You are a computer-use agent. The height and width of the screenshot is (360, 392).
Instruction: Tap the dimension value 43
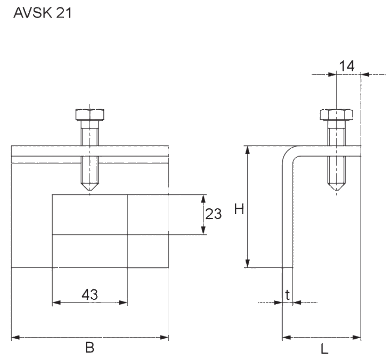coord(89,294)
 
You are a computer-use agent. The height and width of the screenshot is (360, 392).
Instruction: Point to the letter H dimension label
coord(239,209)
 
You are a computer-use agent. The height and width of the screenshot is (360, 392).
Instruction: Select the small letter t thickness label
coord(288,294)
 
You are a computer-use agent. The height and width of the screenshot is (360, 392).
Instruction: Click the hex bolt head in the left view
coord(89,114)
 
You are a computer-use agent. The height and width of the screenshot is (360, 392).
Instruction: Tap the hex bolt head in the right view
coord(336,114)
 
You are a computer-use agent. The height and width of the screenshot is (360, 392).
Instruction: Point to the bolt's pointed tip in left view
coord(89,189)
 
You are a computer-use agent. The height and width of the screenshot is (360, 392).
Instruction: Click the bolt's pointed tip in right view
coord(336,189)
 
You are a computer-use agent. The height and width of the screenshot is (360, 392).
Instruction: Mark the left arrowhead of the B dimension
coord(14,337)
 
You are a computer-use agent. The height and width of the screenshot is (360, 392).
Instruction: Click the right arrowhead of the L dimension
coord(357,337)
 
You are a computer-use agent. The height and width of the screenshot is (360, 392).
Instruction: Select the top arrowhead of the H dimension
coord(247,150)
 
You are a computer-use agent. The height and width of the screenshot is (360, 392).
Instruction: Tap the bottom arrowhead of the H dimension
coord(247,264)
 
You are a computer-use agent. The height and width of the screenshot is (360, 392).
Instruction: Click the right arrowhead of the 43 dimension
coord(124,302)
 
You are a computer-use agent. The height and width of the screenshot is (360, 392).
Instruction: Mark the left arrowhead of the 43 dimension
coord(55,302)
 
